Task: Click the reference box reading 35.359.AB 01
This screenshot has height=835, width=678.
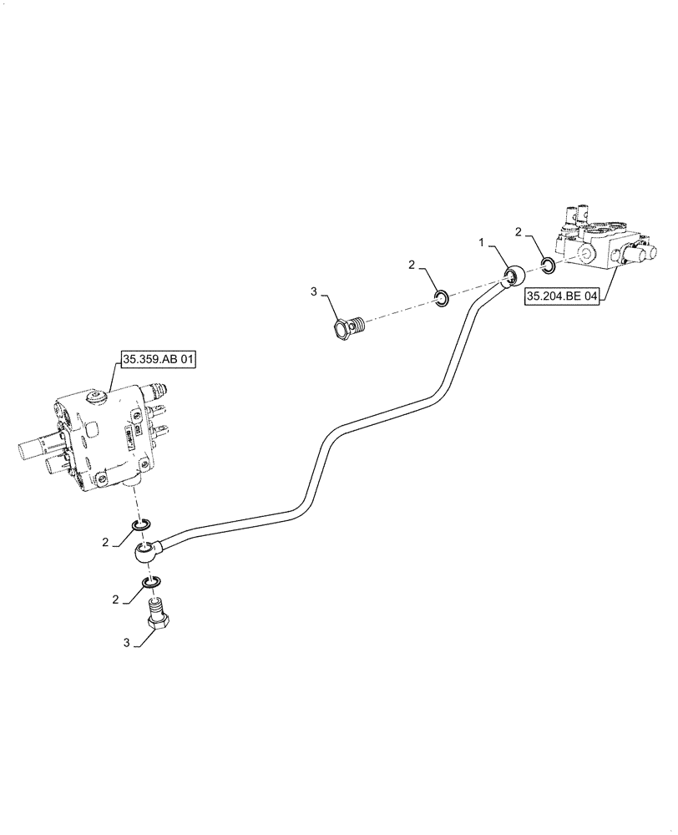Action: pyautogui.click(x=159, y=361)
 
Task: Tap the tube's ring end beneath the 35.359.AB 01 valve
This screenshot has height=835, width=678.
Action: pyautogui.click(x=146, y=550)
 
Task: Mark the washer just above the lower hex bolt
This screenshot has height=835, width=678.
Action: pyautogui.click(x=150, y=581)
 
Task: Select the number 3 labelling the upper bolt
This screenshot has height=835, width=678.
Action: pyautogui.click(x=314, y=291)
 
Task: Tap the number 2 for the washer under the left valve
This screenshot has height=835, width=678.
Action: pyautogui.click(x=105, y=542)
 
